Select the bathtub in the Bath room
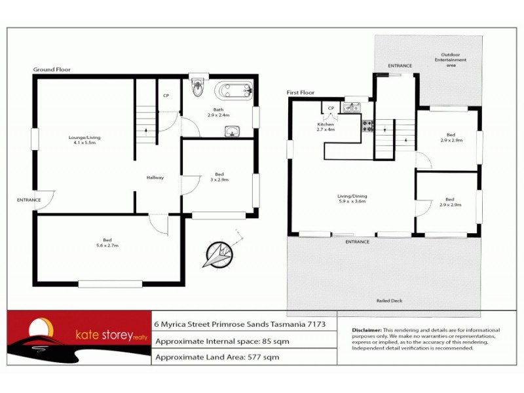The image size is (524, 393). tap(234, 90)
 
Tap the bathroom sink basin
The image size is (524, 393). tap(232, 132)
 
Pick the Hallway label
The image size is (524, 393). tap(155, 178)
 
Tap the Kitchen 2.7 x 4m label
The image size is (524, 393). tap(326, 126)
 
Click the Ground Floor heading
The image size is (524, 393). tap(52, 69)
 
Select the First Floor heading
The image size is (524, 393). tap(301, 93)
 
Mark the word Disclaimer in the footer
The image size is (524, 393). tap(366, 330)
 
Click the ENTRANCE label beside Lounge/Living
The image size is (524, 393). tap(29, 200)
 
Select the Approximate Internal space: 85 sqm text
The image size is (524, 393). tap(221, 341)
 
